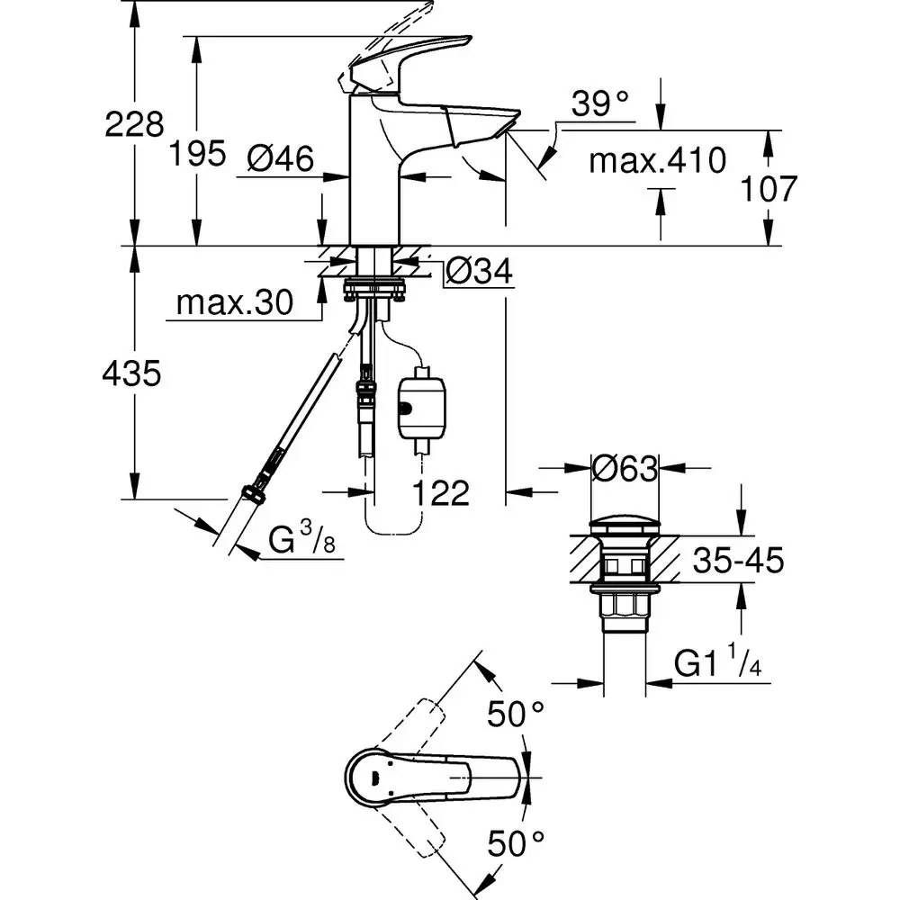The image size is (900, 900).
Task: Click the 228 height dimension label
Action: coord(135,125)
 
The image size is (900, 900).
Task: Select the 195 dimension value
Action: coord(197,154)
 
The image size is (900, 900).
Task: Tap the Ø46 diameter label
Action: coord(280,159)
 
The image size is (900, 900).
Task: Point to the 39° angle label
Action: coord(600,104)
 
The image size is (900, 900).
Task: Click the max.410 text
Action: coord(657,161)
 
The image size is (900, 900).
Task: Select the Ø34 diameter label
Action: coord(480,269)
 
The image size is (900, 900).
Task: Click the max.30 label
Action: coord(235,303)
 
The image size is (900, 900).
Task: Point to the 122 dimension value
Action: coord(441,492)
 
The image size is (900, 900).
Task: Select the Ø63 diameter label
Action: coord(625,468)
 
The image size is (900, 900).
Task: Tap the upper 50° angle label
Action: coord(517,716)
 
